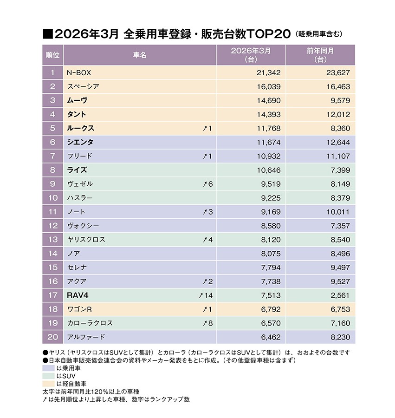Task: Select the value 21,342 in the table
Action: point(269,72)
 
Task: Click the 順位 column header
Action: point(53,55)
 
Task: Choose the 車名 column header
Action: point(140,55)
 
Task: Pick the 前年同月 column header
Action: point(320,55)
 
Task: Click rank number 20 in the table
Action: point(53,337)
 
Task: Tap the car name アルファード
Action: point(86,337)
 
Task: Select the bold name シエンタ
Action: point(80,142)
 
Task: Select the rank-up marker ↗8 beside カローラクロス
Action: point(207,323)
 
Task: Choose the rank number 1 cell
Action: point(53,72)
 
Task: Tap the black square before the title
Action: point(47,34)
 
